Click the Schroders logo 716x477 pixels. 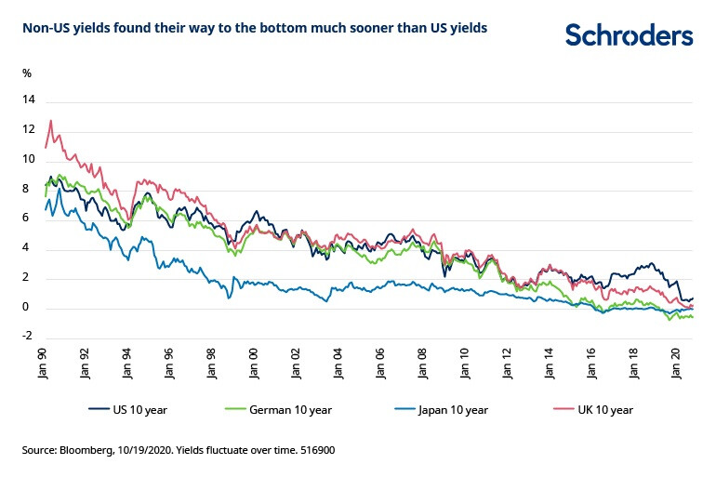pos(629,35)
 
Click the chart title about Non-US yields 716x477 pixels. pos(254,28)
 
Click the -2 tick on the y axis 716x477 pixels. pos(27,338)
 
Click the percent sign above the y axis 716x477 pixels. pos(27,72)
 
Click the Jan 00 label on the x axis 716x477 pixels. pos(254,361)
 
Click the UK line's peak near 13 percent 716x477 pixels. pos(50,120)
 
